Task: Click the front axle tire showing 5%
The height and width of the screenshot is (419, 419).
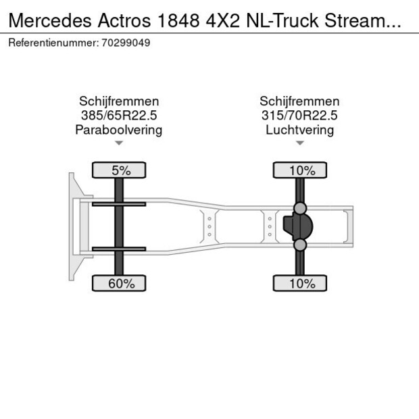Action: (119, 170)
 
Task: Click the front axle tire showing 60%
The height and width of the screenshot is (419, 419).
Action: (119, 284)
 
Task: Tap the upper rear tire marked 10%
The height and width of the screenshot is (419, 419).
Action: (299, 170)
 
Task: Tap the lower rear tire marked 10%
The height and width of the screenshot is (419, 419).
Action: (299, 284)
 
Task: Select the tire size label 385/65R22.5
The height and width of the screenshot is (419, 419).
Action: (119, 116)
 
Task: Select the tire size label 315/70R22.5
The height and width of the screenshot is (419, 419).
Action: (299, 116)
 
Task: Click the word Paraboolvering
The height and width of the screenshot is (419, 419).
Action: (119, 130)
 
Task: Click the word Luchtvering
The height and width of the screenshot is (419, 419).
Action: (299, 130)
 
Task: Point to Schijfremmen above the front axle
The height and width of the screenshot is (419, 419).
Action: (119, 101)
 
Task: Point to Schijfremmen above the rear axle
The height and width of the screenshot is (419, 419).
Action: (299, 101)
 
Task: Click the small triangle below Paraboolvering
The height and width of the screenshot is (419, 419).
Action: (119, 143)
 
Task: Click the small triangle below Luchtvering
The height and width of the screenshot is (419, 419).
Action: (299, 143)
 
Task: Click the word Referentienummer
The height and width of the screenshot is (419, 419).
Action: (53, 43)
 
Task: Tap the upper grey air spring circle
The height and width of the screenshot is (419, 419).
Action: (300, 208)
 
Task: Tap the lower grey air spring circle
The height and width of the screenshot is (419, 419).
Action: (300, 245)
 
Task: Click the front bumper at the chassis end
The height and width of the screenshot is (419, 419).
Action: (72, 226)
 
